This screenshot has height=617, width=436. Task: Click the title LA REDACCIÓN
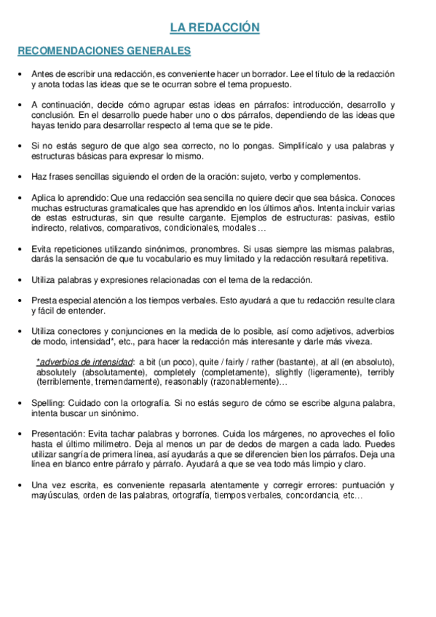pyautogui.click(x=215, y=28)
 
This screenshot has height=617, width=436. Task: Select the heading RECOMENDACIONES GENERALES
pyautogui.click(x=104, y=51)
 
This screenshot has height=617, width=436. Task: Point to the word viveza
pyautogui.click(x=356, y=341)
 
